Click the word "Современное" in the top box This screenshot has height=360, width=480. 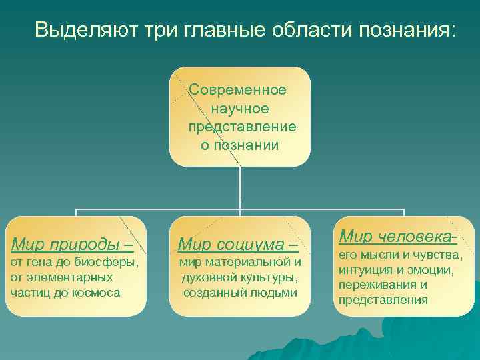click(x=238, y=89)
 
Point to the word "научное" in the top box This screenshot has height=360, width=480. click(x=239, y=108)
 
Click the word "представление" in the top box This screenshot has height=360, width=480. click(x=242, y=127)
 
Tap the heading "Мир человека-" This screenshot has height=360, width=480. click(x=397, y=236)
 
